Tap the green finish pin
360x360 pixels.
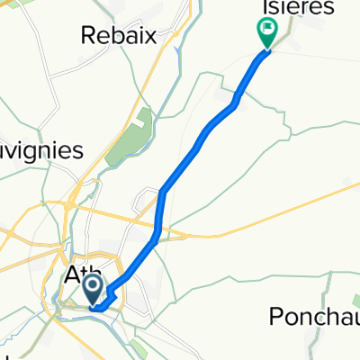(268, 33)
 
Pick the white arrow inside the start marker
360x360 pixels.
(94, 288)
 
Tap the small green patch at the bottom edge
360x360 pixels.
(138, 345)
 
